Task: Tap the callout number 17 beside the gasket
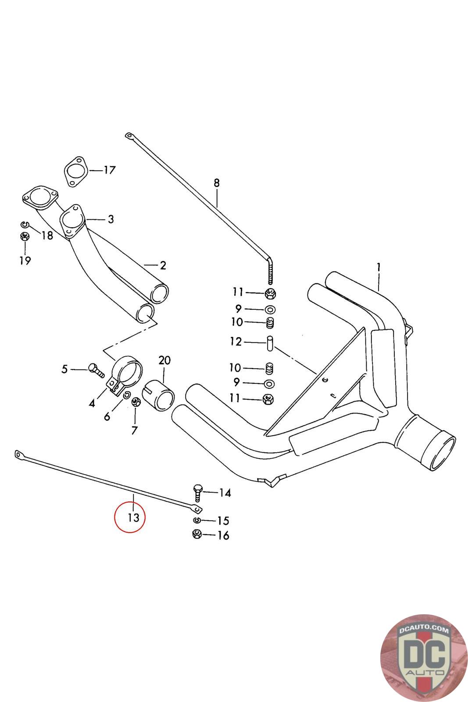[109, 169]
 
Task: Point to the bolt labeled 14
[198, 493]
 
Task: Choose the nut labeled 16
[197, 534]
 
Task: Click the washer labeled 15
[197, 520]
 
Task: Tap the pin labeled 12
[270, 342]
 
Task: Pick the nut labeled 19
[25, 237]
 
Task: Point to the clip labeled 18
[25, 225]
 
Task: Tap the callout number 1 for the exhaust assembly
[378, 267]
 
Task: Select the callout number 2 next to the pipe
[163, 265]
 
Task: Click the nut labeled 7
[136, 401]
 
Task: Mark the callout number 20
[164, 360]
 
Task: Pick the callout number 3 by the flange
[110, 219]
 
